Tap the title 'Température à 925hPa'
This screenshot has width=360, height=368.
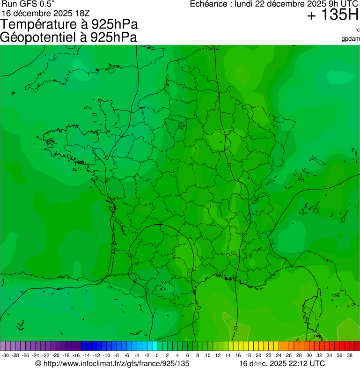click(70, 24)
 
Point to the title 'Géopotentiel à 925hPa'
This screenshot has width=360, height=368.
click(69, 37)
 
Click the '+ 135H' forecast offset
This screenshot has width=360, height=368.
click(332, 15)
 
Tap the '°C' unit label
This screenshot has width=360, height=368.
click(357, 30)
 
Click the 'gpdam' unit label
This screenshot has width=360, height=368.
click(351, 38)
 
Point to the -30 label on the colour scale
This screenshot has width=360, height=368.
click(5, 356)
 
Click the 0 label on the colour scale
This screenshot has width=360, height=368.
click(157, 356)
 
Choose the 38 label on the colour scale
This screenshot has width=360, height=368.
click(349, 356)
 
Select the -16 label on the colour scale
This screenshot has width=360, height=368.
click(76, 356)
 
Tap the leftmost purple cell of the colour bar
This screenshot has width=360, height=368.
click(3, 346)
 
